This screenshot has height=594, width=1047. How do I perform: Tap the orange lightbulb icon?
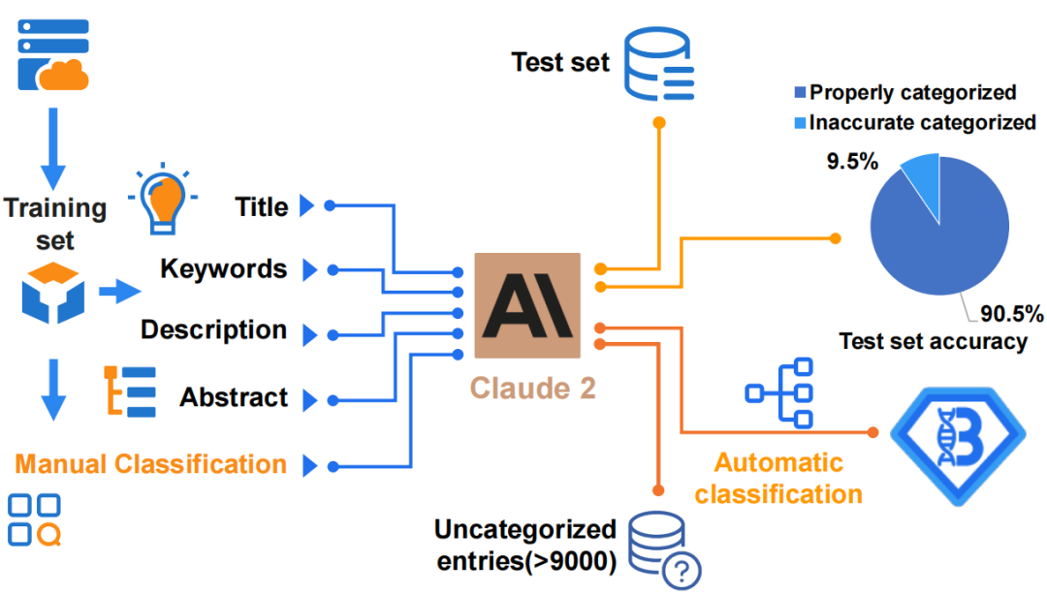(162, 200)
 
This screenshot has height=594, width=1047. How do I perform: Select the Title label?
(262, 206)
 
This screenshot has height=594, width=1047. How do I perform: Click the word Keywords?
(224, 268)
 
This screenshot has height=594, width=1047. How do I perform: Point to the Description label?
(214, 329)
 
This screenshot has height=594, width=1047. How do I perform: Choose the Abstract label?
(234, 397)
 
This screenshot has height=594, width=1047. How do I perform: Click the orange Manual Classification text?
(150, 464)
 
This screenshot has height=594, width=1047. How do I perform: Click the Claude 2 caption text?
(532, 388)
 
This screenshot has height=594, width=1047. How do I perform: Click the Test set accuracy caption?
(933, 341)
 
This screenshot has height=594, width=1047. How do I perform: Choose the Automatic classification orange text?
(778, 478)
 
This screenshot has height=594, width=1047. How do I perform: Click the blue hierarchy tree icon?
(779, 392)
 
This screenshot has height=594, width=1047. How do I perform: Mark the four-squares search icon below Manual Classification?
(35, 520)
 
